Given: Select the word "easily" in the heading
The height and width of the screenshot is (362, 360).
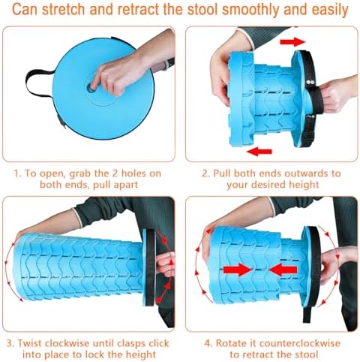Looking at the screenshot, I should [326, 11].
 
